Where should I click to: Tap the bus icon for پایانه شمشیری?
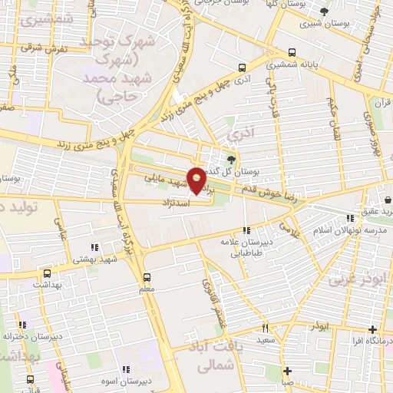click(291, 53)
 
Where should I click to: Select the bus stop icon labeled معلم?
click(147, 276)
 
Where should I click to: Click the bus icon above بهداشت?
click(47, 272)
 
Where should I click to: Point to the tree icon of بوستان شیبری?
click(325, 12)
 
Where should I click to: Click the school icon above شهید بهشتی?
click(94, 247)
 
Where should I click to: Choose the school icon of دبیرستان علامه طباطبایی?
click(246, 230)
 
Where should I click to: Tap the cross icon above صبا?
click(286, 370)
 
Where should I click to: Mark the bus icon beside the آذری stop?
click(243, 67)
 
